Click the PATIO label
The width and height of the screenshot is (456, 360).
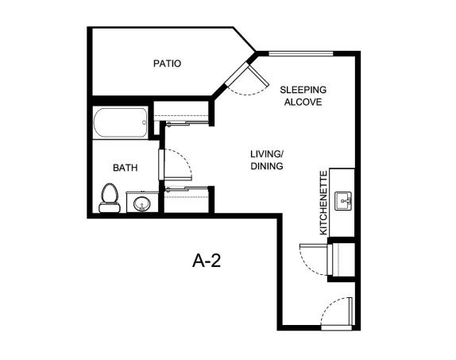point(167,64)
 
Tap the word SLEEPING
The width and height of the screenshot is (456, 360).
point(303,90)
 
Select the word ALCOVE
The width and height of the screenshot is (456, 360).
point(303,103)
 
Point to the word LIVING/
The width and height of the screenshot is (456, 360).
point(267,153)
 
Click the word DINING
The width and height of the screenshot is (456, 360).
point(267,166)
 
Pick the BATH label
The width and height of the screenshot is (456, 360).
point(125,168)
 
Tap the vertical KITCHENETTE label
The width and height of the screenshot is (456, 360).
point(323,203)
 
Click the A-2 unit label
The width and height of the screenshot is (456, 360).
point(207,261)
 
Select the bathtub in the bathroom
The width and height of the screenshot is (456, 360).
point(121,122)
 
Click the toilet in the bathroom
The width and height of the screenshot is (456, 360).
point(110,198)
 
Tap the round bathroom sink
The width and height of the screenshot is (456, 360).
point(142,203)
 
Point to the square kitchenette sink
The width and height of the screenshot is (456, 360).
point(343,201)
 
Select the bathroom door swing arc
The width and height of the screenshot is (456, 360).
point(184,160)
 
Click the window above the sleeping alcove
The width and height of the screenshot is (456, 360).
point(301,53)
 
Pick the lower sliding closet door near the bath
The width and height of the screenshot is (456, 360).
point(187,189)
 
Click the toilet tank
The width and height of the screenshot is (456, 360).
point(110,207)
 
